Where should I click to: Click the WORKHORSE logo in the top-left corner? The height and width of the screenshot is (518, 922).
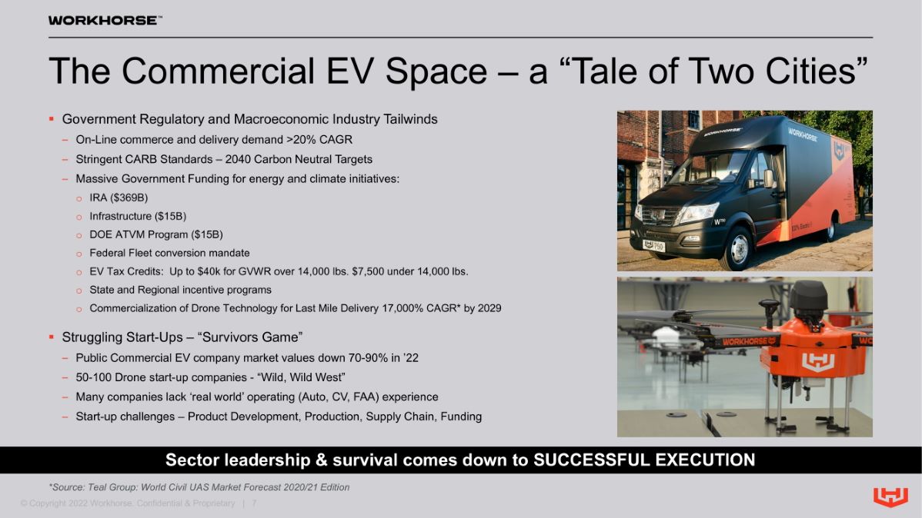[105, 21]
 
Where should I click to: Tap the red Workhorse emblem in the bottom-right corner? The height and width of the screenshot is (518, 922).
[890, 496]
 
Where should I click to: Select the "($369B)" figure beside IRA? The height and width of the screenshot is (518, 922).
[129, 198]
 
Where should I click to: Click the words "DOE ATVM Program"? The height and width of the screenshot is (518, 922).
[139, 235]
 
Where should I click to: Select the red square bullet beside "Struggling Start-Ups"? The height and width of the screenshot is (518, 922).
[52, 337]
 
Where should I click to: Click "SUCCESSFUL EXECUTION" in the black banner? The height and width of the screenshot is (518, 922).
[644, 460]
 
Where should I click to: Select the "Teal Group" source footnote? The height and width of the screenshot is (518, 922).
[199, 487]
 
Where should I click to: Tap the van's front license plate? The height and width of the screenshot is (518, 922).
[654, 245]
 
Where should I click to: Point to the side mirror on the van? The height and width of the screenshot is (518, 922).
[768, 178]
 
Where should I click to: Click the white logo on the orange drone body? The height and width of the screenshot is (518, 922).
[818, 362]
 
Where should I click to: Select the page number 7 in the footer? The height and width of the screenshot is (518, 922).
[254, 503]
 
